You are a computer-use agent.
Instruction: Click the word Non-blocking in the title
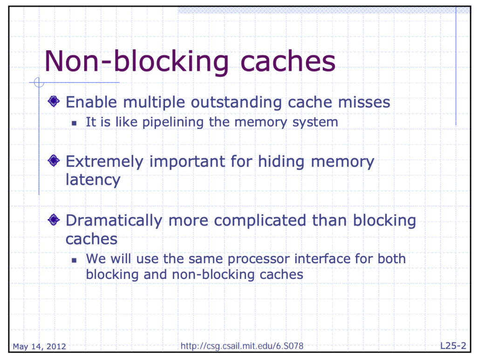pos(136,62)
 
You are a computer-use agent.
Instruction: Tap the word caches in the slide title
pos(288,61)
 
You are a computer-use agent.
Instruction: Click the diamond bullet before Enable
pos(54,101)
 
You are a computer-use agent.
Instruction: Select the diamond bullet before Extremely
pos(54,161)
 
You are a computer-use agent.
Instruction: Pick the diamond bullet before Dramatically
pos(54,219)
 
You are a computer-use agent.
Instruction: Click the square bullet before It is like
pos(74,123)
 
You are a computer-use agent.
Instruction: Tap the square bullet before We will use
pos(74,260)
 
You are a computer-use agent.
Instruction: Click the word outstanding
pos(236,102)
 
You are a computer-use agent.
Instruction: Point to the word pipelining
pos(173,122)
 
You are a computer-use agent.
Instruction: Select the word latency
pos(93,180)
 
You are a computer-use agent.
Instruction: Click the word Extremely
pos(104,162)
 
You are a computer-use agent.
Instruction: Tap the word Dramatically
pos(114,221)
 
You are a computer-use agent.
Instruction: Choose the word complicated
pos(260,220)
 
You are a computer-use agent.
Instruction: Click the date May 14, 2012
pos(39,346)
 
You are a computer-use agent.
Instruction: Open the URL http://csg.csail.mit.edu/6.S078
pos(242,346)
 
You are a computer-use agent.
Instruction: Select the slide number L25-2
pos(453,346)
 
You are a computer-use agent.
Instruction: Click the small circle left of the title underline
pos(39,82)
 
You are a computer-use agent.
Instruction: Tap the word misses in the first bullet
pos(364,102)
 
